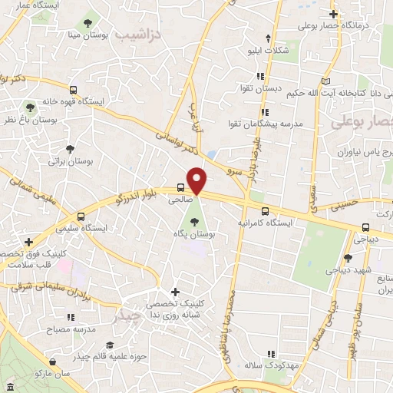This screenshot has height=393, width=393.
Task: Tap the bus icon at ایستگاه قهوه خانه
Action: tap(73, 89)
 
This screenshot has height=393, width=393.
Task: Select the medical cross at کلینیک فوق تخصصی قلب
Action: tap(28, 242)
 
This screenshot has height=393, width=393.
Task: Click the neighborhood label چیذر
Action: tap(126, 315)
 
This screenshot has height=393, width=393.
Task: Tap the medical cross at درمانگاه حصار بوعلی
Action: tap(333, 13)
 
